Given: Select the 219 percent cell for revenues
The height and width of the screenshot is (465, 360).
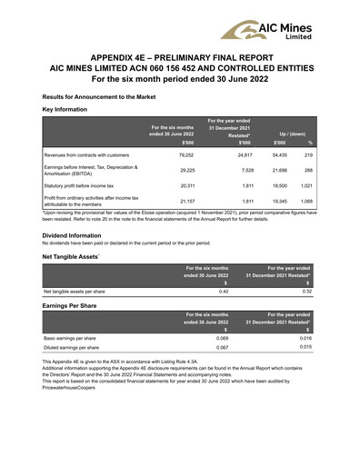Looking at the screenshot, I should [x=309, y=155].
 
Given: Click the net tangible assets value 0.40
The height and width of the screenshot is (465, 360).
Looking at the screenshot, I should [x=223, y=292].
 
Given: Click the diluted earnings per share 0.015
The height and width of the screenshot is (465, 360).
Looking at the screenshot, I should [x=305, y=347].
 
